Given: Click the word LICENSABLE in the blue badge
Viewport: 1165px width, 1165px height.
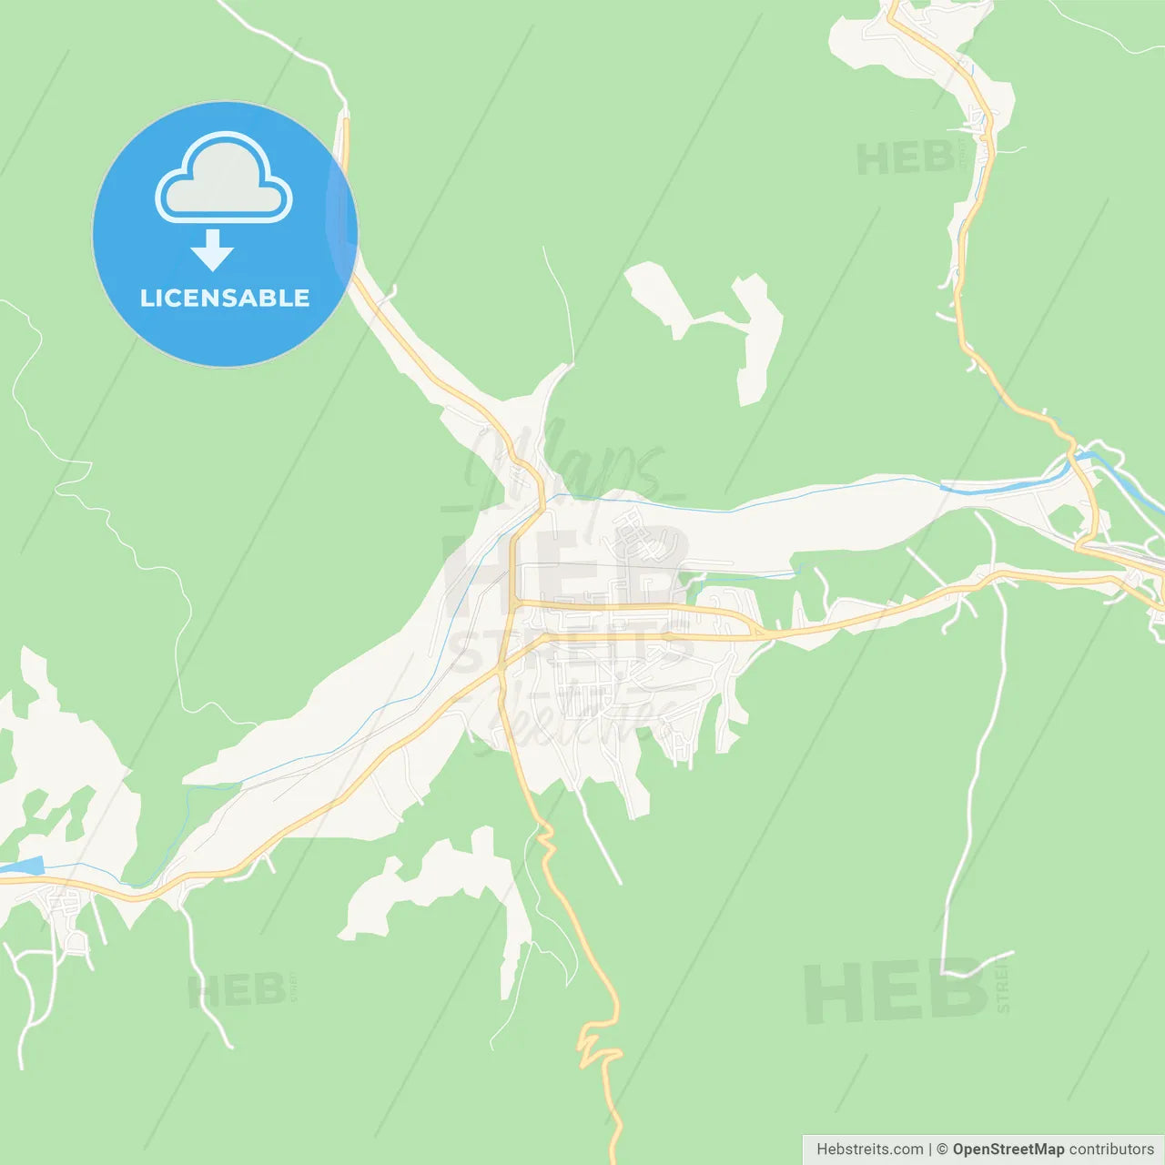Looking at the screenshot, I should (x=225, y=299).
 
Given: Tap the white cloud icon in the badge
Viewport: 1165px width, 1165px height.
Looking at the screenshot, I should (x=224, y=179).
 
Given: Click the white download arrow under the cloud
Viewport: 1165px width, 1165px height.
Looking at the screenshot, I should (x=212, y=250).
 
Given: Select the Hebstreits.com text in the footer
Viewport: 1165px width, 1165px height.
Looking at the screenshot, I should (x=869, y=1150).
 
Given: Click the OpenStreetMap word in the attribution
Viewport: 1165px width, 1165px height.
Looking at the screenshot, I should (x=1008, y=1150).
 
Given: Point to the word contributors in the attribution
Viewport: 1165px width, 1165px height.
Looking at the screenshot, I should (x=1111, y=1150).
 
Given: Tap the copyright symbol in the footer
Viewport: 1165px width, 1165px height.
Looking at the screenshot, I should (x=942, y=1150).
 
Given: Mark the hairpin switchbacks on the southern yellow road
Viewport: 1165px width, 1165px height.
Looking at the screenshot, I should (x=596, y=1047).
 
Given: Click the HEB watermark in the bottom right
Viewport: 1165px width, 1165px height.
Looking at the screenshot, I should (x=897, y=992).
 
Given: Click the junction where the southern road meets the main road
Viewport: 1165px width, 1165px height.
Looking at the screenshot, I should (x=500, y=670).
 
